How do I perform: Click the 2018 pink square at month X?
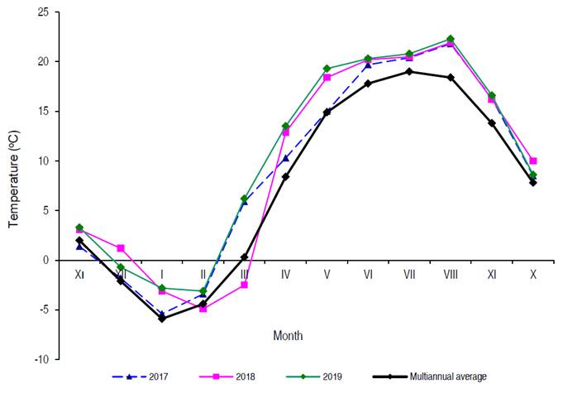pos(533,161)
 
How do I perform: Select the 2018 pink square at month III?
pos(244,285)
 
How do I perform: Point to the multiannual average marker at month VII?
pos(409,71)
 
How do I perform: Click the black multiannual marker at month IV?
pos(285,176)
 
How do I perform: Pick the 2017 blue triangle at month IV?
pos(285,158)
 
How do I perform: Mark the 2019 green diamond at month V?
pos(327,69)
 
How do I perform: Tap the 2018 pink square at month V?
pos(327,77)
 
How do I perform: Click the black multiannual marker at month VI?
pos(368,83)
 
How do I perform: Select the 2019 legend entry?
pos(318,376)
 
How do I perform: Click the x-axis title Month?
pos(288,336)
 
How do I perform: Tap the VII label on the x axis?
pos(409,273)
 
